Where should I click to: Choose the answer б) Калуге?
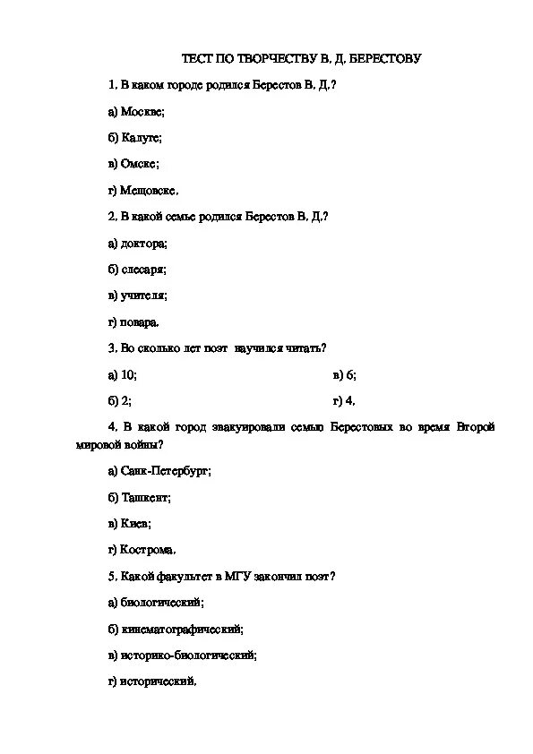[x=134, y=138]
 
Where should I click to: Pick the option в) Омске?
[x=133, y=164]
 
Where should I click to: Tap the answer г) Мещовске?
[x=142, y=190]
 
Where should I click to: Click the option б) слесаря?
[x=137, y=269]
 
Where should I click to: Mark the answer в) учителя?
[x=137, y=295]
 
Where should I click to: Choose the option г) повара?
[x=133, y=321]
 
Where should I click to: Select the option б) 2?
[x=120, y=400]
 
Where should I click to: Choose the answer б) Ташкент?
[x=139, y=497]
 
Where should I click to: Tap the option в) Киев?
[x=129, y=523]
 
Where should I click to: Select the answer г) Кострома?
[x=142, y=549]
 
